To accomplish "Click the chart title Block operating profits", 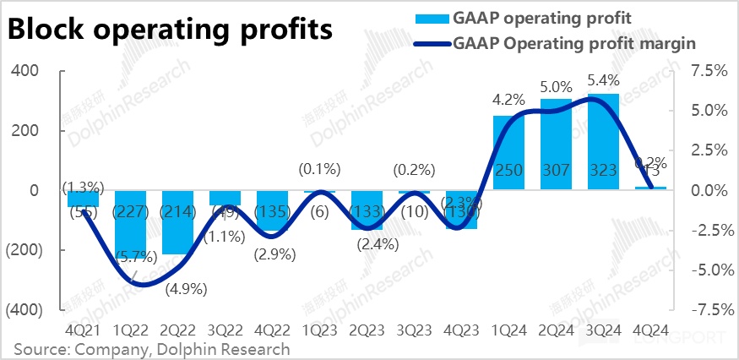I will pyautogui.click(x=170, y=30).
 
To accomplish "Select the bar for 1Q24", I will pyautogui.click(x=509, y=153).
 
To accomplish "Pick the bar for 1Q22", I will pyautogui.click(x=131, y=224).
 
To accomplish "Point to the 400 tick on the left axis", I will pyautogui.click(x=29, y=71).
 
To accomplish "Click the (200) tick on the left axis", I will pyautogui.click(x=24, y=250).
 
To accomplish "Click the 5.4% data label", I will pyautogui.click(x=604, y=81).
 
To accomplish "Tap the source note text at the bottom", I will pyautogui.click(x=151, y=349).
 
